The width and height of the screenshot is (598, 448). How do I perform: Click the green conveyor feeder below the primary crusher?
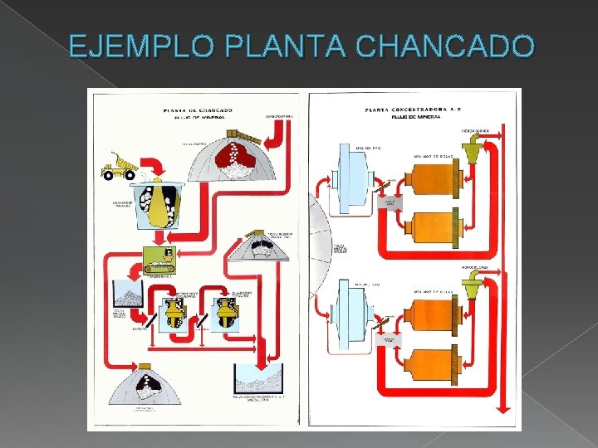(159, 261)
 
